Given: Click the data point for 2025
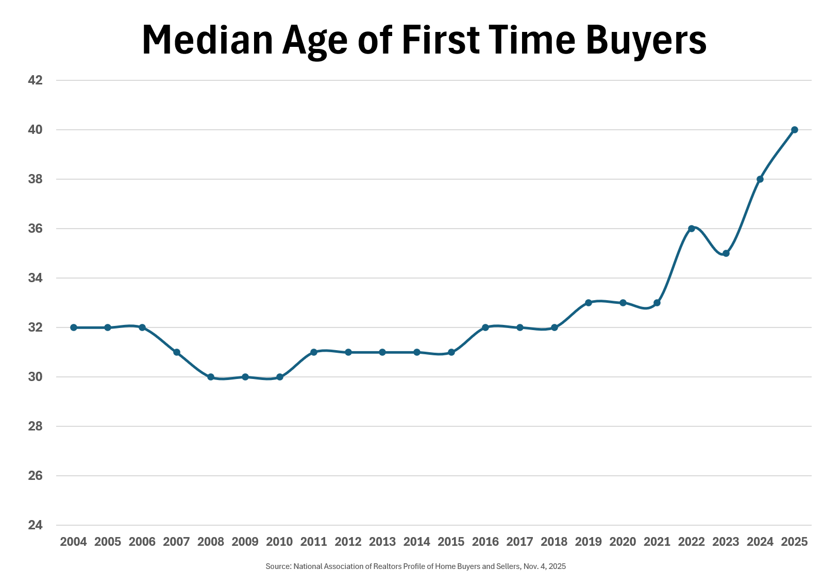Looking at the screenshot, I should click(x=794, y=130).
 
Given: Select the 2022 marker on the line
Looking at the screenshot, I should click(x=692, y=229).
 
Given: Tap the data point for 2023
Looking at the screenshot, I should click(x=726, y=253).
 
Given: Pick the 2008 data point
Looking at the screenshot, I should click(x=211, y=377).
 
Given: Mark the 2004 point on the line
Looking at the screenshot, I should click(x=74, y=327).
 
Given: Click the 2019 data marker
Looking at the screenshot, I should click(x=589, y=303).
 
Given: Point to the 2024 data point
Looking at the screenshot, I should click(x=760, y=179).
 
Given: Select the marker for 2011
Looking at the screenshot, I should click(x=314, y=352).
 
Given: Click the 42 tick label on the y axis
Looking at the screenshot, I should click(x=35, y=80).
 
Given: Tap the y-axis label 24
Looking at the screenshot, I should click(x=35, y=525).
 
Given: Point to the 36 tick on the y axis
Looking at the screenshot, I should click(x=35, y=229).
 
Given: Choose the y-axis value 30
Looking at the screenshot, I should click(x=35, y=377).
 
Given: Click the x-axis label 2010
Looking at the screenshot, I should click(x=279, y=542).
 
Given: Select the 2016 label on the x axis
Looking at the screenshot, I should click(x=485, y=542).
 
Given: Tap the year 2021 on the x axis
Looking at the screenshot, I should click(x=657, y=542).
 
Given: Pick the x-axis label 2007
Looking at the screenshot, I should click(x=176, y=542).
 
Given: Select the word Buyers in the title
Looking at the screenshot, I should click(x=646, y=40).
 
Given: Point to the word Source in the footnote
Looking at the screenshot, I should click(x=278, y=566).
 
